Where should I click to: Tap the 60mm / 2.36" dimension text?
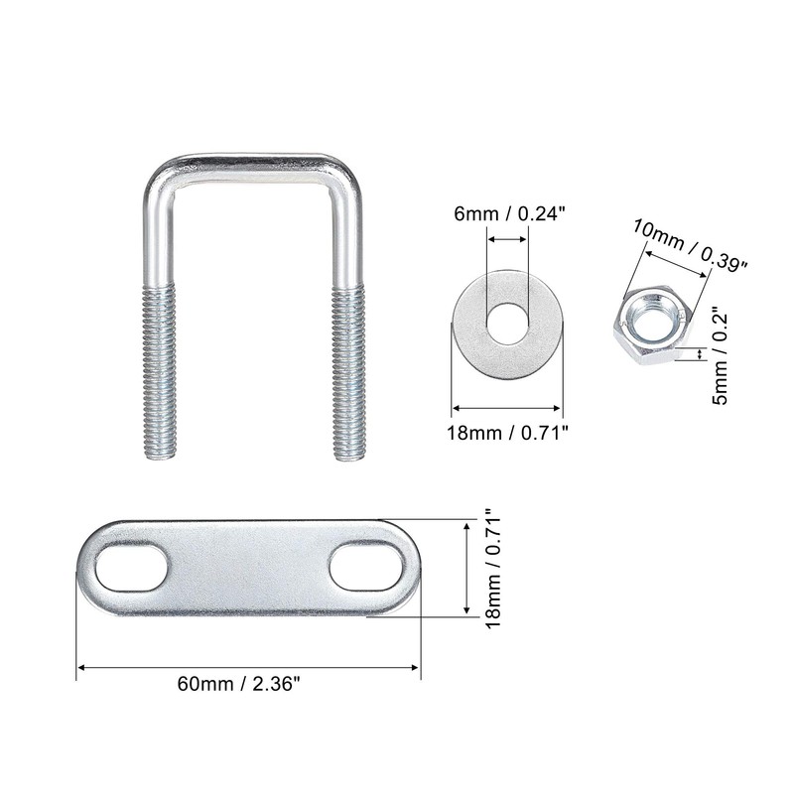238,684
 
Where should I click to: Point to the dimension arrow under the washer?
507,406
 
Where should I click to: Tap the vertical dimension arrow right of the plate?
467,568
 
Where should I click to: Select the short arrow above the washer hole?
506,237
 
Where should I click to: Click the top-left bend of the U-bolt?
162,179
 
